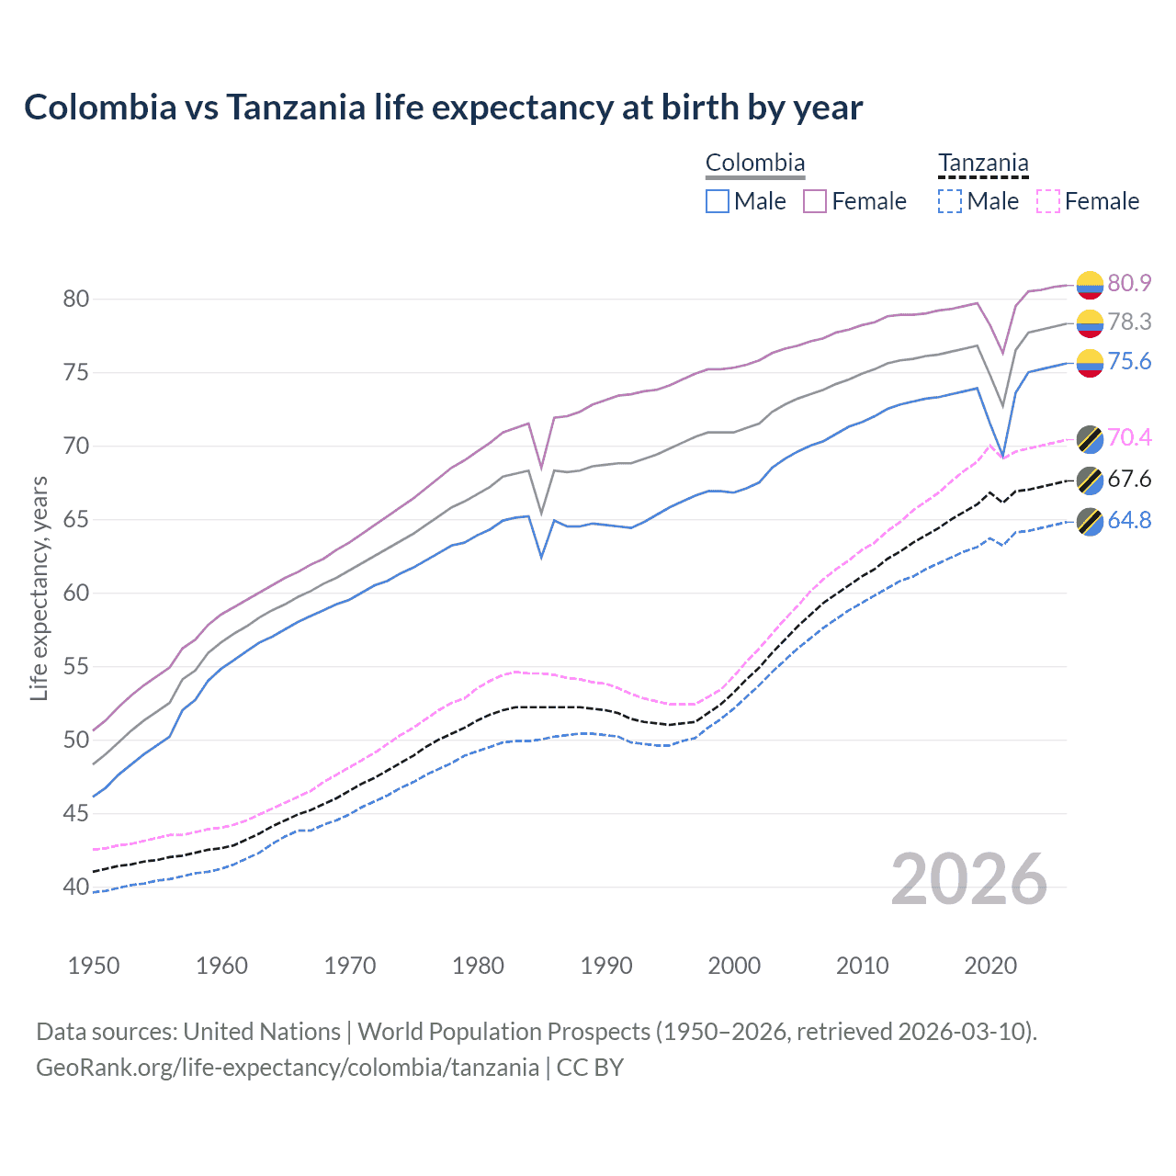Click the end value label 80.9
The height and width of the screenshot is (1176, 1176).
(1129, 283)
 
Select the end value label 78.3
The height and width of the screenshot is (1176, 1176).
(1129, 322)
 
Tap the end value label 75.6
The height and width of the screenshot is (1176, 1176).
(1129, 361)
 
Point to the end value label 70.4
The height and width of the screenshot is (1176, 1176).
(1129, 437)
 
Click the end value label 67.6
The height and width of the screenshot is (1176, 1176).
(1129, 479)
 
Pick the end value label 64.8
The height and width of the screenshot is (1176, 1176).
(1129, 520)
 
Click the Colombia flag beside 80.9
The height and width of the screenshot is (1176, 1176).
(1090, 285)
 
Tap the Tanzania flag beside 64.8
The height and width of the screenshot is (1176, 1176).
(1090, 521)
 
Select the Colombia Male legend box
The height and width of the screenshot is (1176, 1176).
(718, 201)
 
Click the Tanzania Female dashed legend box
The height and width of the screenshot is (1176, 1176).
(1048, 201)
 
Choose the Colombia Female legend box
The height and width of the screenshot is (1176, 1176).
(815, 201)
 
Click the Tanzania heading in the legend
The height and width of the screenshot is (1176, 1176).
(983, 164)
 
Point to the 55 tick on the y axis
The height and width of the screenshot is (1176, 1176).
(76, 666)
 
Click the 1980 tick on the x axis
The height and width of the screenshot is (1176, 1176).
(478, 966)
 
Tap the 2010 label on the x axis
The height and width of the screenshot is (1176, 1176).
(862, 966)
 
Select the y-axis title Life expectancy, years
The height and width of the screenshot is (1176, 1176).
(40, 588)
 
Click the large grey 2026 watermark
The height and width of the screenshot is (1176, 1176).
(969, 880)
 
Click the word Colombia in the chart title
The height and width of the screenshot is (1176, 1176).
(100, 107)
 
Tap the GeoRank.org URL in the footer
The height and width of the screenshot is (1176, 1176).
(288, 1068)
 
